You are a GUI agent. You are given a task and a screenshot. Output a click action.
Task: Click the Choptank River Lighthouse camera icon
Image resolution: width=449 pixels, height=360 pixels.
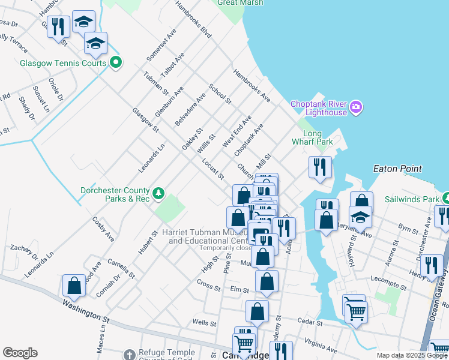(357, 107)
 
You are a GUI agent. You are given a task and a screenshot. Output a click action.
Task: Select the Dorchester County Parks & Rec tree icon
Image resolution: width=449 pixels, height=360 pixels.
(158, 193)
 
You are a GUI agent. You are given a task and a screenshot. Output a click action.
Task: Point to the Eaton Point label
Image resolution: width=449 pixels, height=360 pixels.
(397, 169)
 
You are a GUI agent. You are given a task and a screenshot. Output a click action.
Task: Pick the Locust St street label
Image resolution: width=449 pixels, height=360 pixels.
(213, 169)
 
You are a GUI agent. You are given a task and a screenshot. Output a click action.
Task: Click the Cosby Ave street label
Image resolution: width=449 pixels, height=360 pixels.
(103, 229)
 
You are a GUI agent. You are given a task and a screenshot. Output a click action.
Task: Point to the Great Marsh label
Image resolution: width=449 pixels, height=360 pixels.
(240, 2)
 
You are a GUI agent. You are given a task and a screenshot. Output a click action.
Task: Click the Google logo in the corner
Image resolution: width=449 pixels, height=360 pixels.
(20, 353)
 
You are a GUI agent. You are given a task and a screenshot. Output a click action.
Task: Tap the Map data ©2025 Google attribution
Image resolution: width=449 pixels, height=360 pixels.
(411, 355)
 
